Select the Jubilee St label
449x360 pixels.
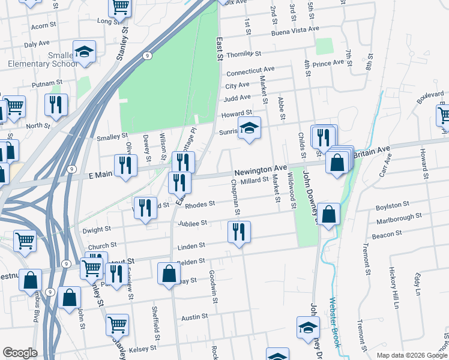(x=192, y=223)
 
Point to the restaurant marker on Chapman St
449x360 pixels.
(x=239, y=232)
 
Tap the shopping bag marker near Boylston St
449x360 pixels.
(x=329, y=214)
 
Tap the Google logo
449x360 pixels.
(x=20, y=353)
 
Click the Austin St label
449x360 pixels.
(x=194, y=317)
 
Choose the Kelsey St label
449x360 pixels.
(x=143, y=348)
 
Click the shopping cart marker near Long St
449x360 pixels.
(x=119, y=8)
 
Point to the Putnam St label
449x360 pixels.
(x=47, y=83)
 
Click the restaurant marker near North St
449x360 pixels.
(x=55, y=105)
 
